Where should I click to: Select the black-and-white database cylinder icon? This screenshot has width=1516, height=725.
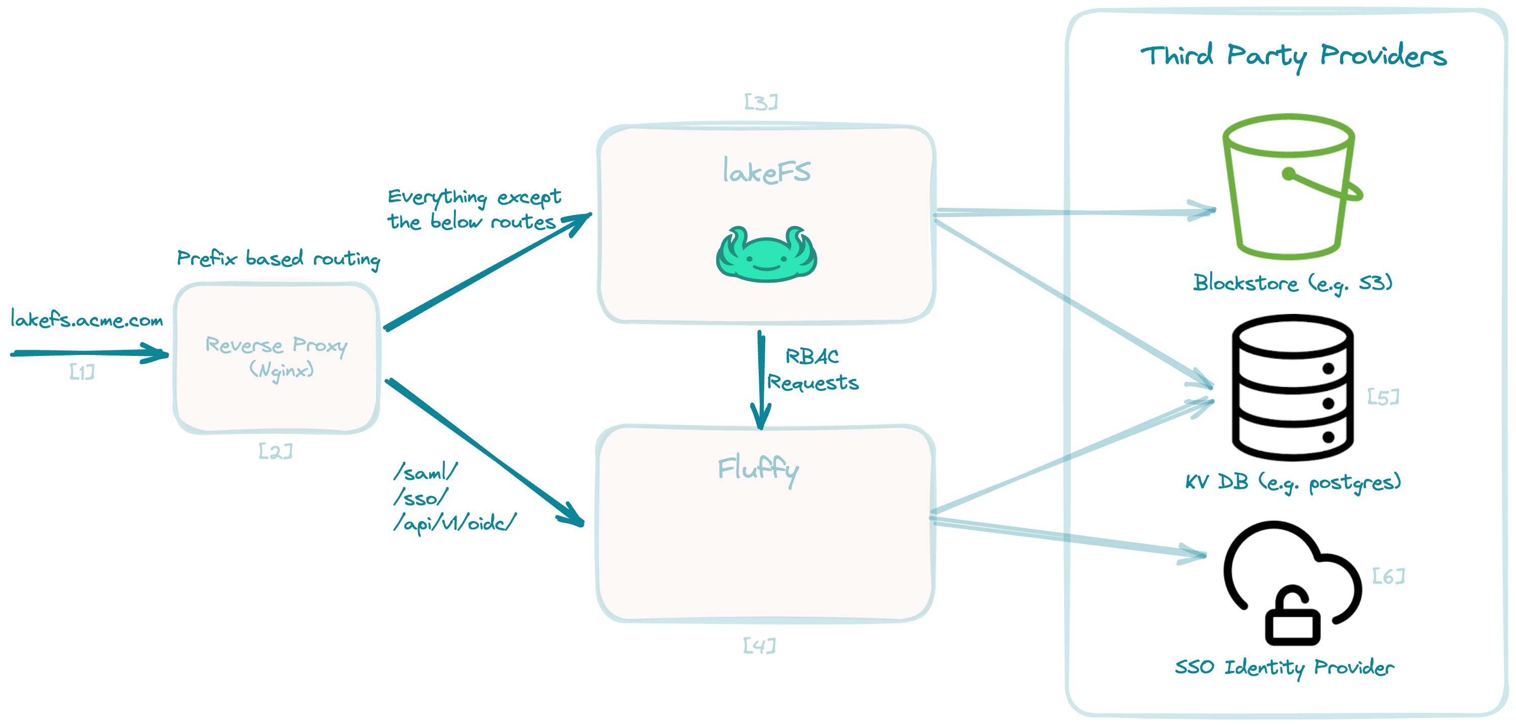1293,387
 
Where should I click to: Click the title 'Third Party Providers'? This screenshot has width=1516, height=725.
1293,56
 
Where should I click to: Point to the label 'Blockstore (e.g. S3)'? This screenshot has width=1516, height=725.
1293,283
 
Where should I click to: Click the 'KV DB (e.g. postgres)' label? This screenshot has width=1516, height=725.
1293,482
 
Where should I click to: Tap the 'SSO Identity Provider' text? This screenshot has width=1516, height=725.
1284,667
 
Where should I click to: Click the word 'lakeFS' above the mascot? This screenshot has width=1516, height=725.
766,171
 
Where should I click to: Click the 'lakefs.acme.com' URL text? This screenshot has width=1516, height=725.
86,320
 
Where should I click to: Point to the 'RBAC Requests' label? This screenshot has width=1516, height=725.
812,370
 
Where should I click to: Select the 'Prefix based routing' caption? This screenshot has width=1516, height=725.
279,258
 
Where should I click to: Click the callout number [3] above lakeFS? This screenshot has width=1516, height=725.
761,102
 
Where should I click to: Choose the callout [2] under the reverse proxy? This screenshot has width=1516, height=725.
275,451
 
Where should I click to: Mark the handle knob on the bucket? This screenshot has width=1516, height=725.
1289,173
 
